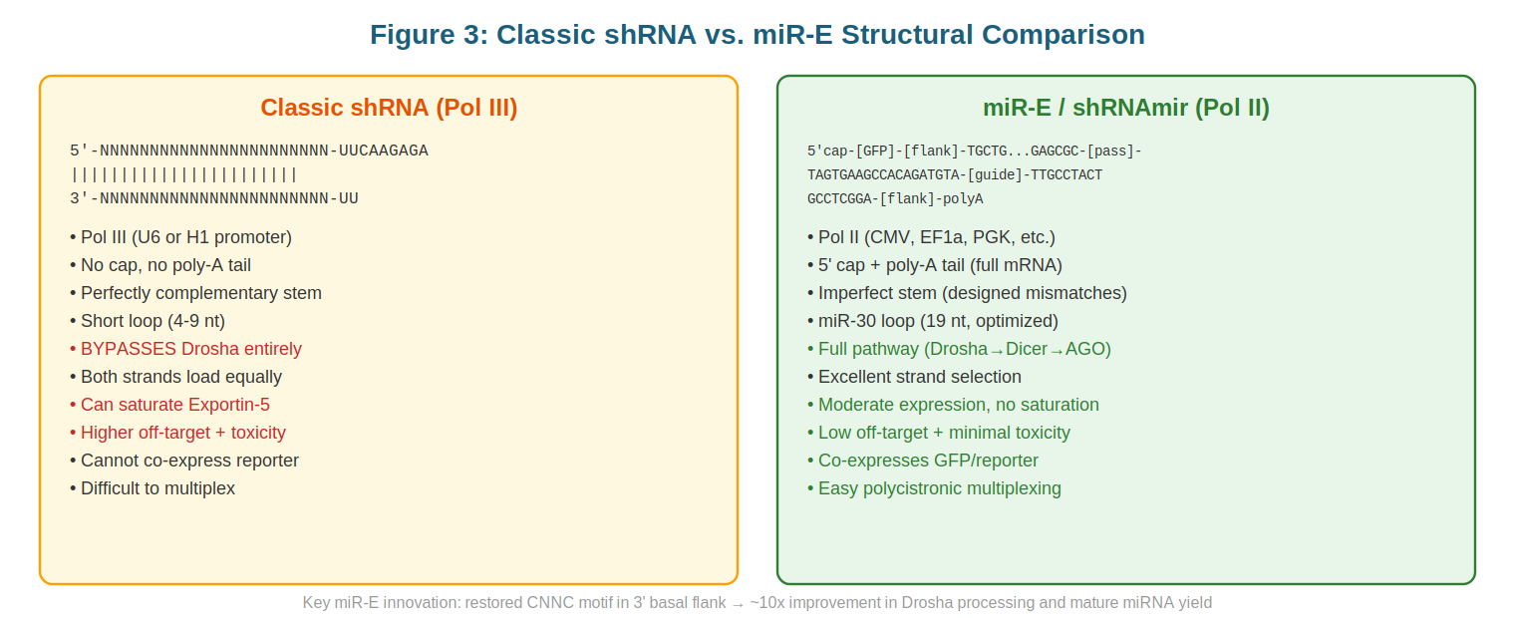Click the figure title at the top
[757, 35]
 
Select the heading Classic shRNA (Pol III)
[389, 108]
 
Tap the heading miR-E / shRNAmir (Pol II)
[1126, 108]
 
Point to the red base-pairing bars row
[184, 174]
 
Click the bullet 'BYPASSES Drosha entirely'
[185, 349]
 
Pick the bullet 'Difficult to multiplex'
[152, 488]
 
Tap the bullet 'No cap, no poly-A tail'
[160, 265]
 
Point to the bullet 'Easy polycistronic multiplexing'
[934, 488]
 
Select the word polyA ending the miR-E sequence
[963, 198]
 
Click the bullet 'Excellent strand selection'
[914, 377]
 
